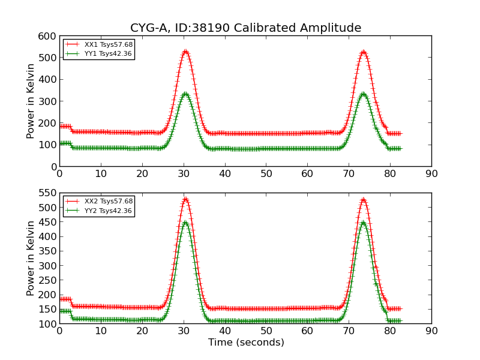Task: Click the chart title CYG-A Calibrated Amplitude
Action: click(245, 28)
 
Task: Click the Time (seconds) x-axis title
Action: click(246, 343)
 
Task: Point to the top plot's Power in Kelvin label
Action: click(31, 101)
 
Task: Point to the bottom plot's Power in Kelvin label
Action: click(31, 258)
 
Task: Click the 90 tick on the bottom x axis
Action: click(431, 331)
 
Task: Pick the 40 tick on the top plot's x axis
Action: click(225, 174)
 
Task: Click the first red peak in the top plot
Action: click(185, 52)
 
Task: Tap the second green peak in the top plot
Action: click(363, 94)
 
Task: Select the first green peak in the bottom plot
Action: click(185, 223)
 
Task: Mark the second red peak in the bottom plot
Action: click(363, 199)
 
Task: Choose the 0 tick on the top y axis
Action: click(52, 167)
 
